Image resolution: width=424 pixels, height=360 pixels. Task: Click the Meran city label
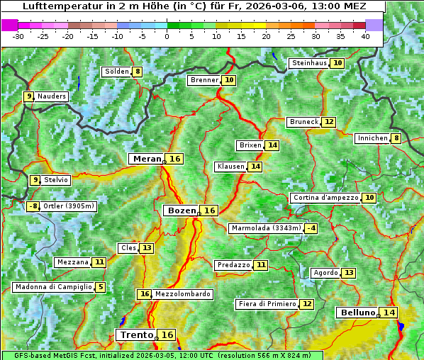[x=147, y=159]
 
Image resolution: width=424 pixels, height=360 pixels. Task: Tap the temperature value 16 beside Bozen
[x=210, y=210]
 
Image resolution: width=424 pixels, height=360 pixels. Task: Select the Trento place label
[x=136, y=334]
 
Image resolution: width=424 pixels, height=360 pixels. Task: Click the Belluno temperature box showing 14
[x=389, y=313]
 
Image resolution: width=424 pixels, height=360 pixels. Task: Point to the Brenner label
[x=204, y=81]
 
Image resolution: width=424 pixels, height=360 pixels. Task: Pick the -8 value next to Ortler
[x=33, y=207]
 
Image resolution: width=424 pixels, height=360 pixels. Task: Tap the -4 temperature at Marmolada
[x=311, y=228]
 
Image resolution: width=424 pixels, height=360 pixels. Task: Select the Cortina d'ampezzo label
[x=325, y=198]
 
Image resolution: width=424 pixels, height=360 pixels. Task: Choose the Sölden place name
[x=116, y=72]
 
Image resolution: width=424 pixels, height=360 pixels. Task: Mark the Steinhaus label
[x=309, y=63]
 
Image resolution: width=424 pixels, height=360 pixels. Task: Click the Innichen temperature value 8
[x=396, y=138]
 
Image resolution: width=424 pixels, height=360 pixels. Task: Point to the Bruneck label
[x=303, y=122]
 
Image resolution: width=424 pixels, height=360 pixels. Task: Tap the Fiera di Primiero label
[x=267, y=304]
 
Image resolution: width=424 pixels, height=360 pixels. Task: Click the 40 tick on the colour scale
[x=365, y=35]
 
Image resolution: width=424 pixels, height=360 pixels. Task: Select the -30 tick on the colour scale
[x=18, y=35]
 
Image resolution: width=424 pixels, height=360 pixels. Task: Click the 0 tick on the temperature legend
[x=167, y=35]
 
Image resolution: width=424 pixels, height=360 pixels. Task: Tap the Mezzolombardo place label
[x=182, y=294]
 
